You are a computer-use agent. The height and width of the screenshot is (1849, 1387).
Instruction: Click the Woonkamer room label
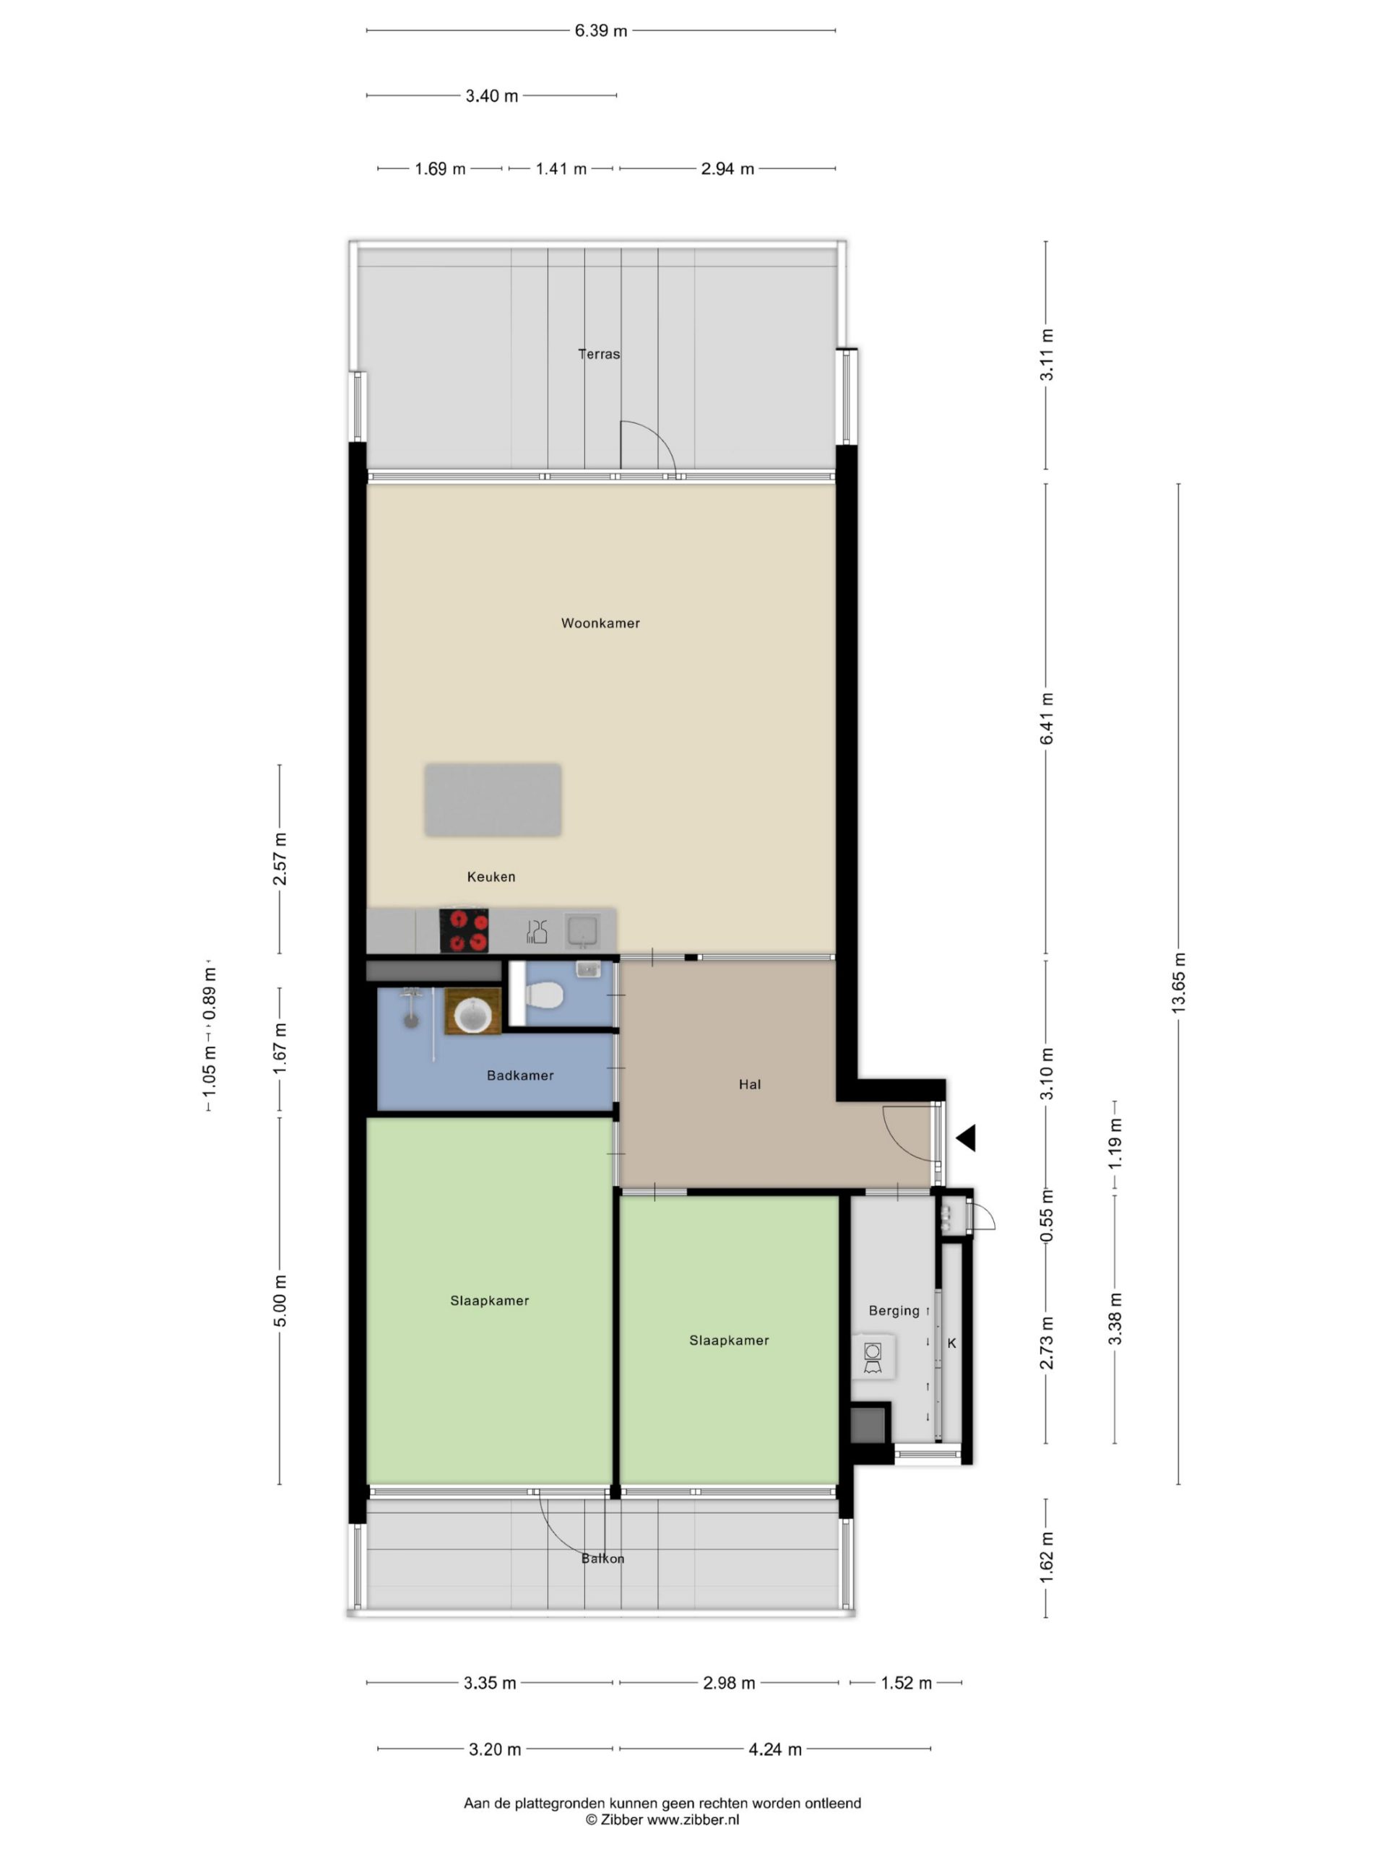(x=600, y=623)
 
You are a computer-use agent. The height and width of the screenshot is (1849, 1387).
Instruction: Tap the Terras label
(x=600, y=354)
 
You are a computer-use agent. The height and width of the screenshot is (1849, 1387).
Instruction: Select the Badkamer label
(x=520, y=1075)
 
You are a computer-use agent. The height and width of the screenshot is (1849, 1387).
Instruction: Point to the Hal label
(x=750, y=1084)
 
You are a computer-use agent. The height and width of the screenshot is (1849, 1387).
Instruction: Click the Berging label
(x=894, y=1311)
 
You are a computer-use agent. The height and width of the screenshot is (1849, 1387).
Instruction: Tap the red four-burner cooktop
(x=464, y=930)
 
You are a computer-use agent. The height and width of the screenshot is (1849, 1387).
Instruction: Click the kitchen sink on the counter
(x=583, y=930)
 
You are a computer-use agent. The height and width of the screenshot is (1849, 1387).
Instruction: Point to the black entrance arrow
(x=966, y=1138)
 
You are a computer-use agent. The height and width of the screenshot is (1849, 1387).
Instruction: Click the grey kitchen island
(x=493, y=799)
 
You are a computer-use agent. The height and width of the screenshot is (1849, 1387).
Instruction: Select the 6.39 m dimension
(x=600, y=31)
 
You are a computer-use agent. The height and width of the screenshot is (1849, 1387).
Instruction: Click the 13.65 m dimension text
(x=1179, y=983)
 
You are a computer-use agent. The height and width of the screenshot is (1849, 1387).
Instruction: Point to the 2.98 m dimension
(x=729, y=1683)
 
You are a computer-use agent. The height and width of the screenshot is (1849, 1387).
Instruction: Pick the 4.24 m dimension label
(x=775, y=1749)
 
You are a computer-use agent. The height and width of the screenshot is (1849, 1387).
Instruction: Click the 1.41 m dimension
(x=561, y=169)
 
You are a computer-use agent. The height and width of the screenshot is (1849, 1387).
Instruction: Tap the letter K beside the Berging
(x=951, y=1343)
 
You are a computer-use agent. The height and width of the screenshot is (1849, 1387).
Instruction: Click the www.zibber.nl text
(x=693, y=1819)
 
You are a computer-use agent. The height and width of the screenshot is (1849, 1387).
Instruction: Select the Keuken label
(x=491, y=877)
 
